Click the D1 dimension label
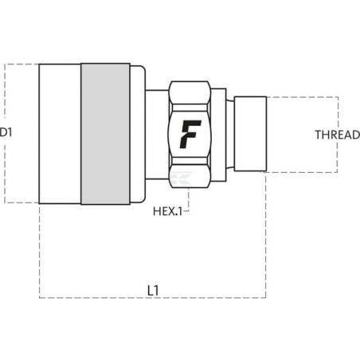click(x=6, y=132)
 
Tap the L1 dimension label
click(x=153, y=291)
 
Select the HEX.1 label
click(x=168, y=212)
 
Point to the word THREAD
click(x=338, y=135)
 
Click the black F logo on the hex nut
click(x=190, y=134)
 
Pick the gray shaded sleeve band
click(x=105, y=134)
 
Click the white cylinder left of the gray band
click(x=60, y=134)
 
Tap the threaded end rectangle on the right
click(x=250, y=134)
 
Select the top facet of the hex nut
click(x=190, y=92)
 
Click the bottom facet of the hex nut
click(x=190, y=176)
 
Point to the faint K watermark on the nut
click(x=181, y=178)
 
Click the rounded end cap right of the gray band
click(x=138, y=134)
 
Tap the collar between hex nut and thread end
click(x=219, y=135)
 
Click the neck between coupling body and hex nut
click(x=157, y=135)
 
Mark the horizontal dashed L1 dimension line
click(x=153, y=298)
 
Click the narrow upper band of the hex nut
click(x=190, y=108)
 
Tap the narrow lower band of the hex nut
click(x=190, y=161)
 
